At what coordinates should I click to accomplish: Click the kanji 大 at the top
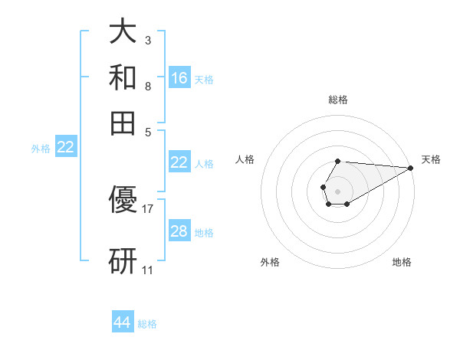(123, 33)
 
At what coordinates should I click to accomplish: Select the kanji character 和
(123, 77)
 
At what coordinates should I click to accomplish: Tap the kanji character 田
(123, 122)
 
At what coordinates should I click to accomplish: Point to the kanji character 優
(123, 201)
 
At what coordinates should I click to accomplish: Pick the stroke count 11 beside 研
(148, 270)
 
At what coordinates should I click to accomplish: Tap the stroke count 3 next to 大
(147, 41)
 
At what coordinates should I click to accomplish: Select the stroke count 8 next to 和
(147, 86)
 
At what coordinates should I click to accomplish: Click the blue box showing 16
(179, 77)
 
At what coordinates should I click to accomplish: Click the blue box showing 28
(179, 231)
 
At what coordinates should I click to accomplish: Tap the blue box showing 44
(123, 322)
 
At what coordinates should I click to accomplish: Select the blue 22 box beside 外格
(65, 148)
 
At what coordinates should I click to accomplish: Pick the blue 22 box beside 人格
(179, 162)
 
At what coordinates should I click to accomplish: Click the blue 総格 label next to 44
(147, 324)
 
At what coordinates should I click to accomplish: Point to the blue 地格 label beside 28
(204, 232)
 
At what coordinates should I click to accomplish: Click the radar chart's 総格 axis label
(338, 100)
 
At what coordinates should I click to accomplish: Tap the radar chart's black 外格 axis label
(270, 262)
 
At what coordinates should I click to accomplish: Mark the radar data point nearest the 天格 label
(412, 169)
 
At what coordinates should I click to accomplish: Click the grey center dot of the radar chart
(337, 190)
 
